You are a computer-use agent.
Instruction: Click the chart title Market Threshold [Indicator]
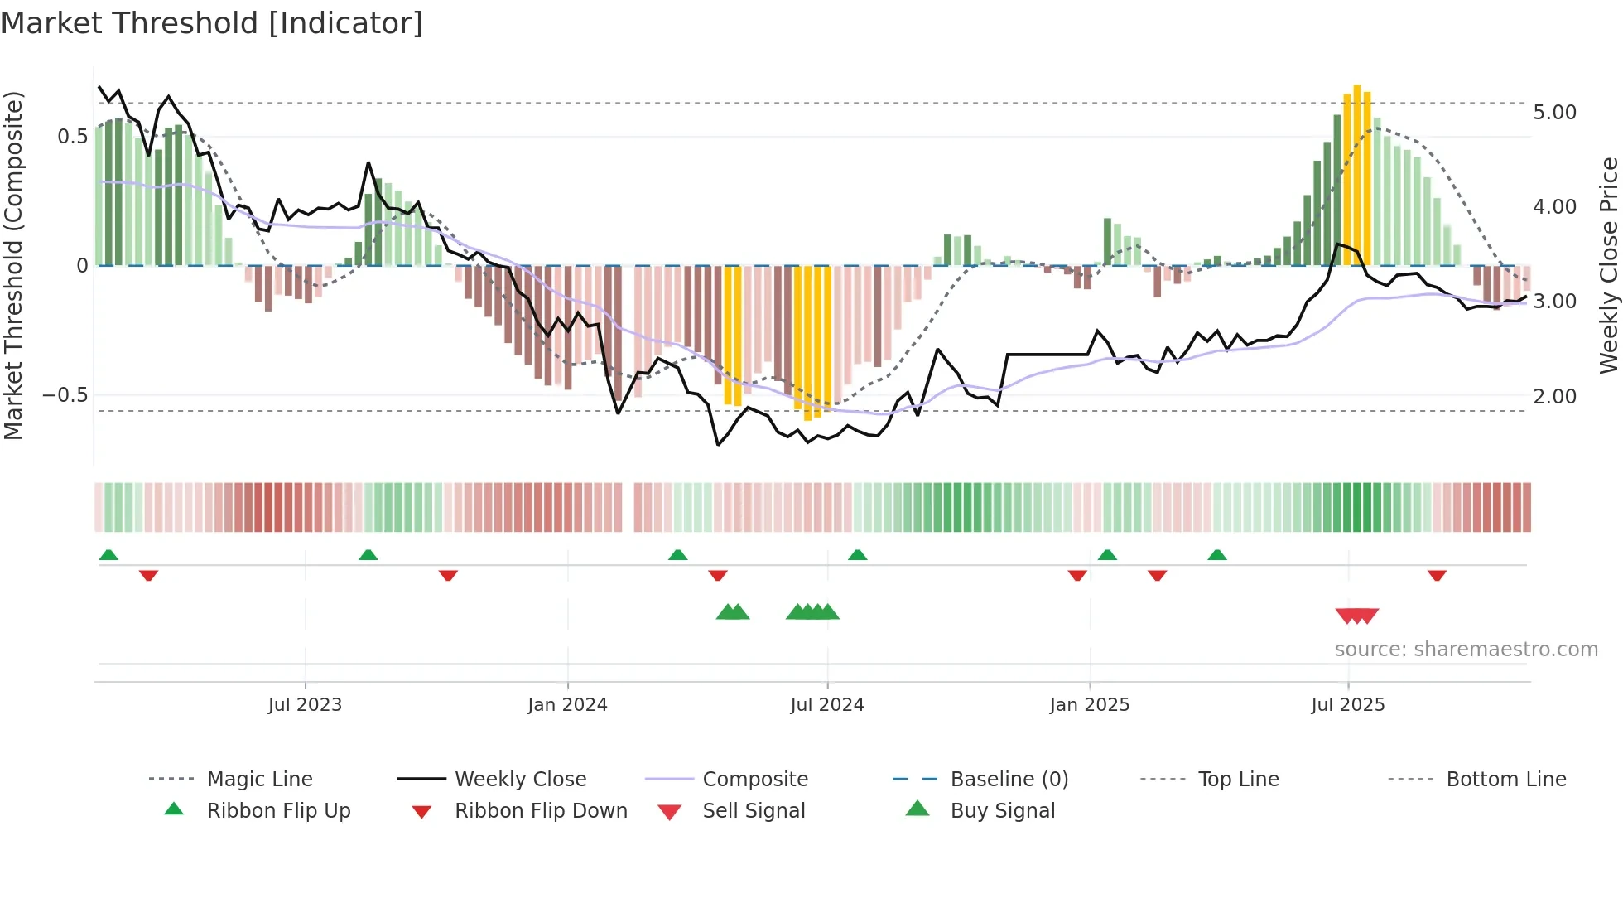pos(212,23)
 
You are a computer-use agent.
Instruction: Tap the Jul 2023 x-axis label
pos(305,705)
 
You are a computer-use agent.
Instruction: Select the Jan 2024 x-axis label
pos(567,705)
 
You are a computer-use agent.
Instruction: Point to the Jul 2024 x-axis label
pos(826,705)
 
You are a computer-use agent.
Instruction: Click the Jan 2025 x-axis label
pos(1089,705)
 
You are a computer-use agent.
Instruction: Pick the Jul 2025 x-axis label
pos(1347,705)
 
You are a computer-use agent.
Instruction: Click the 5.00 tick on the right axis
pos(1554,113)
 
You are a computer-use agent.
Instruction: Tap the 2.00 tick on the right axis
pos(1554,397)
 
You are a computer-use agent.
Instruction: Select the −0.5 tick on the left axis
pos(65,395)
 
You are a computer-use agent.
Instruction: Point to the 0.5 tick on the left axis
pos(72,137)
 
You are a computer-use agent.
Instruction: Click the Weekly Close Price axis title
pos(1608,265)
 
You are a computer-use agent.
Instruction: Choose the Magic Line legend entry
pos(259,780)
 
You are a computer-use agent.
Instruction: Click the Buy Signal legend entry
pos(1002,811)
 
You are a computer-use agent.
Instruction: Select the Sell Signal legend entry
pos(753,811)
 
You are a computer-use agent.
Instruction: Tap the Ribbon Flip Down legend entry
pos(540,811)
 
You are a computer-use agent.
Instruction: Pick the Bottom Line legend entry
pos(1505,780)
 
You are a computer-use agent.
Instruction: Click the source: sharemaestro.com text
pos(1466,650)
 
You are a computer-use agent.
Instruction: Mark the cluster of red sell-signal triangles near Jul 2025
pos(1356,616)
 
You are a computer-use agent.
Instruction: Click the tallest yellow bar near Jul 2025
pos(1356,174)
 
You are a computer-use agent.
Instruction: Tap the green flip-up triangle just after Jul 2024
pos(857,555)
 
